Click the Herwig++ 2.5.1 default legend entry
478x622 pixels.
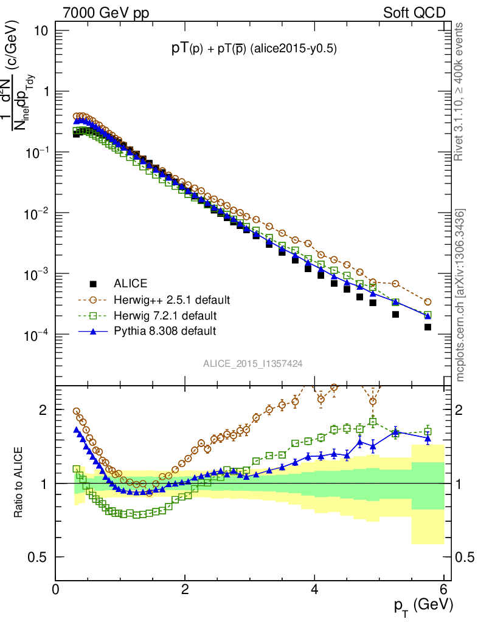[172, 299]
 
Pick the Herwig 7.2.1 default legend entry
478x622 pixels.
[165, 315]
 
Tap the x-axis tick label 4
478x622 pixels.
[314, 589]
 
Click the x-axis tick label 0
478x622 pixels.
[56, 589]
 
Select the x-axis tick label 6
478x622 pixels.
[444, 589]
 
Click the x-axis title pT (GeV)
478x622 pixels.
[423, 605]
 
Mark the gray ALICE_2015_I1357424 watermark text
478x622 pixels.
[253, 363]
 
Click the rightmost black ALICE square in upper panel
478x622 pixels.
[428, 327]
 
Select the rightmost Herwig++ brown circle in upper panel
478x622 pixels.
[428, 302]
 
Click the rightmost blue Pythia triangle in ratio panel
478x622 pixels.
[428, 437]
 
